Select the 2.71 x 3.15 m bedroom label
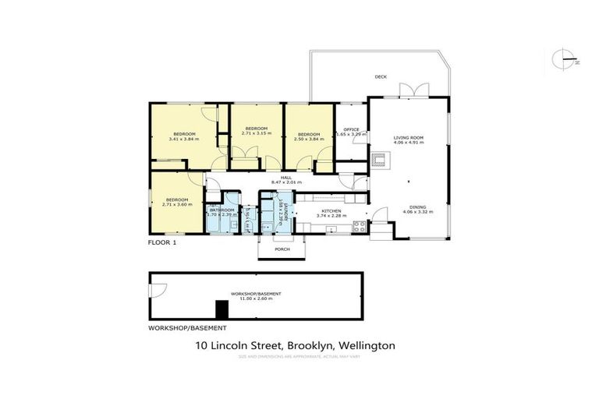coord(256,131)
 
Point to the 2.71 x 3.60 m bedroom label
coord(177,202)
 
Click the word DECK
coord(381,76)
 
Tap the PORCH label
coord(282,249)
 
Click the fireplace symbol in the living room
coord(379,161)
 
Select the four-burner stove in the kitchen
coord(360,228)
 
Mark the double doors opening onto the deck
coord(411,90)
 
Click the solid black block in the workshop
coord(222,309)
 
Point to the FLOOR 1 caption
coord(163,243)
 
